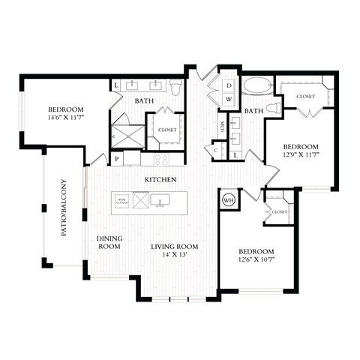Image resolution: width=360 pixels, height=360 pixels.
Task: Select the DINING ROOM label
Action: (x=109, y=242)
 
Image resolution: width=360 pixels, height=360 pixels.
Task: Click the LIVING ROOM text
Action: (x=174, y=247)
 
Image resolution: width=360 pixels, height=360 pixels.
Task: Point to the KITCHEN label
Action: (x=161, y=180)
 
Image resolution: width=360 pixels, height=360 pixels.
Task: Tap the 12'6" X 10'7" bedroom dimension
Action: (x=256, y=261)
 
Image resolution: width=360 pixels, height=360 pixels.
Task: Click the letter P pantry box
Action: (x=117, y=159)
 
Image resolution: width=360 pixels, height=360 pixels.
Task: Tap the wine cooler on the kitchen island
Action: (x=121, y=200)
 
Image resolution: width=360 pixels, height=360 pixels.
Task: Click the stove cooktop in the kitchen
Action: (x=161, y=159)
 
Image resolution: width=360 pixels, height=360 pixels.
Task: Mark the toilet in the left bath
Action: (x=175, y=88)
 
